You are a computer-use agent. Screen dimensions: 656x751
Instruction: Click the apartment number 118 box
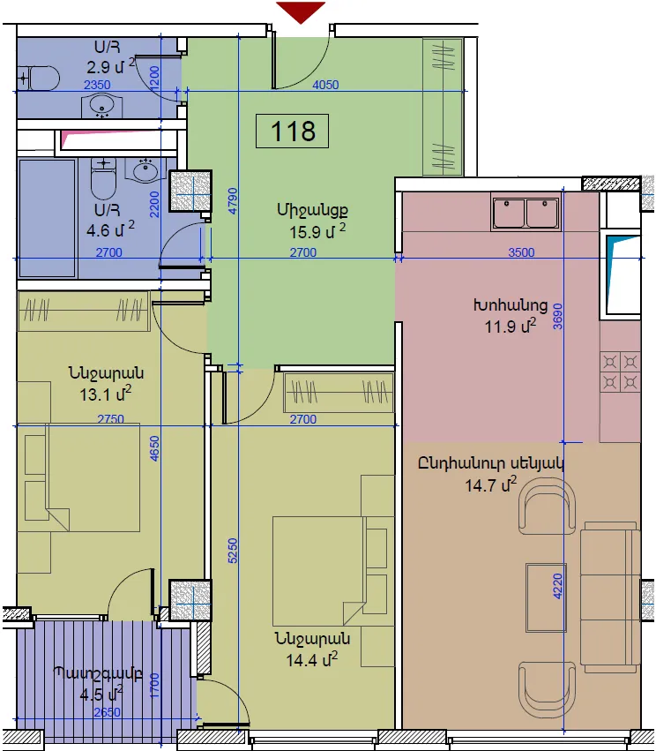click(x=292, y=131)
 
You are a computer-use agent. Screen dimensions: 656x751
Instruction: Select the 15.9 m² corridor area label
click(x=317, y=232)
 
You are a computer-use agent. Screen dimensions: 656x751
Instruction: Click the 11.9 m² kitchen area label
click(x=510, y=327)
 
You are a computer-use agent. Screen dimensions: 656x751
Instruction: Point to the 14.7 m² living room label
click(x=491, y=484)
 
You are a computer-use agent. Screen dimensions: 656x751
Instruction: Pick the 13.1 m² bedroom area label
click(x=105, y=394)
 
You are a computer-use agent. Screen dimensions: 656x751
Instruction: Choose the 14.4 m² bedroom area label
click(x=311, y=660)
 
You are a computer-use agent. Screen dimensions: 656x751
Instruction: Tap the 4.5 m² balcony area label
click(x=101, y=694)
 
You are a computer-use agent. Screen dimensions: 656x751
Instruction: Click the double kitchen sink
click(x=526, y=213)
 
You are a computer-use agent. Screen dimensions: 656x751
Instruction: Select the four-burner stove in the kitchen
click(x=620, y=372)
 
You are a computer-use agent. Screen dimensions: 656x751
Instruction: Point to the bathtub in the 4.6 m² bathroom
click(x=47, y=218)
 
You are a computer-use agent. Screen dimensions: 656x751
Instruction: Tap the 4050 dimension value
click(x=325, y=85)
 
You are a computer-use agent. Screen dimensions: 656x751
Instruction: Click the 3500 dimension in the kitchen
click(x=521, y=252)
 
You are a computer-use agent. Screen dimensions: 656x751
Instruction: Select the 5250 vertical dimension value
click(x=232, y=551)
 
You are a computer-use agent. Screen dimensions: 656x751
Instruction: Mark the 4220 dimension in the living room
click(x=557, y=586)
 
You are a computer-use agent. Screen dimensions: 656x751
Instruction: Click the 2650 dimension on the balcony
click(x=108, y=712)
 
